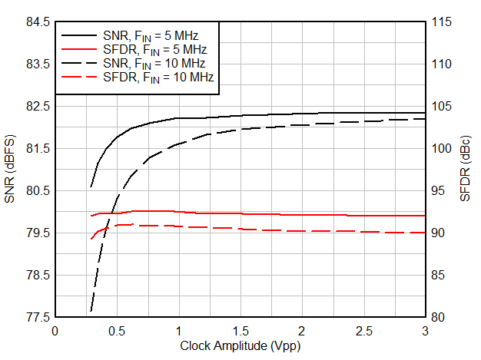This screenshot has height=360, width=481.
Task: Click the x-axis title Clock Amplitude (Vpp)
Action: pos(239,346)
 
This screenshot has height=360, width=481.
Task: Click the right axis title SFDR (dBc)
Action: pos(466,169)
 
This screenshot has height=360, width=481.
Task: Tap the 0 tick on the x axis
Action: pos(55,331)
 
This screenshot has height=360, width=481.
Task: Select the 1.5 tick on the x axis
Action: pos(240,331)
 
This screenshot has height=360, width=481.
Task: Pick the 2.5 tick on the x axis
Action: pos(363,331)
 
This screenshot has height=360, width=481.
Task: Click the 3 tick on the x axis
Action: pos(425,331)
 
